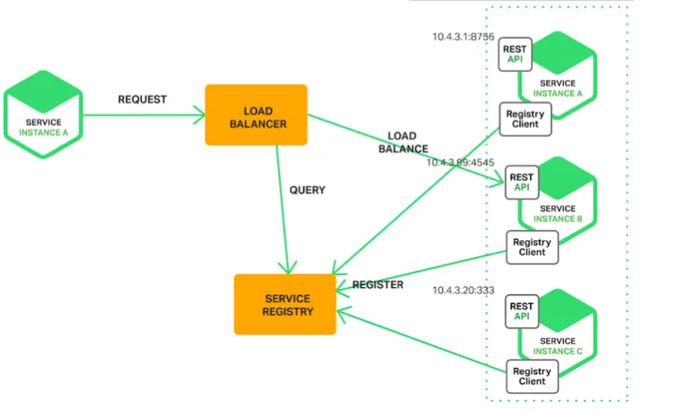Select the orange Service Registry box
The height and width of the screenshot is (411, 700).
tap(285, 305)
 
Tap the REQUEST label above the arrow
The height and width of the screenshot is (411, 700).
tap(142, 99)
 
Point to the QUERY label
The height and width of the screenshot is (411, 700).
tap(307, 191)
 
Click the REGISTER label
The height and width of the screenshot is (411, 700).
tap(378, 284)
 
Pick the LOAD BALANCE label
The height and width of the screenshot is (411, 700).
tap(402, 142)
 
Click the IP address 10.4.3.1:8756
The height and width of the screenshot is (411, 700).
tap(463, 37)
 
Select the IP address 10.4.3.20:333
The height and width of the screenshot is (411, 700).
tap(464, 290)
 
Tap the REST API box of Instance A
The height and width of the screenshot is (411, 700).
tap(516, 55)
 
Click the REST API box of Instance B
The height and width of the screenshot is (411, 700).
tap(522, 182)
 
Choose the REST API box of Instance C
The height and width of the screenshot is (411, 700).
tap(522, 311)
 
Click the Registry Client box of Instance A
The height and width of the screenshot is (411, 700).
tap(523, 119)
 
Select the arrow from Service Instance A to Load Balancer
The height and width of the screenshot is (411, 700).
tap(144, 114)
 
